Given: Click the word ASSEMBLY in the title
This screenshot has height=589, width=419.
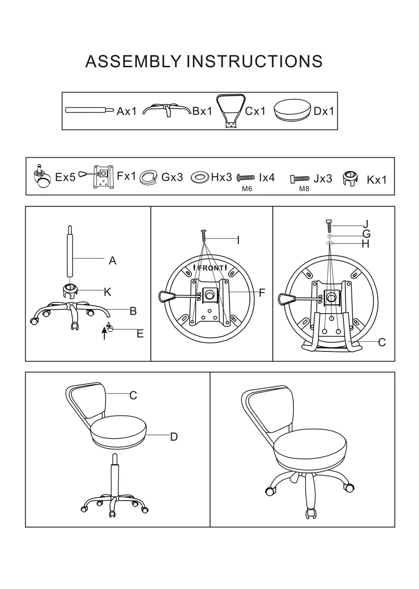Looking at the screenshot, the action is coord(133,61).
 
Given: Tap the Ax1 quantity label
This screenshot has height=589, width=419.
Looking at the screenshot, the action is coord(127,111).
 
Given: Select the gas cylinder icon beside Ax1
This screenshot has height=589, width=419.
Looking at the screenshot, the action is coord(90,109).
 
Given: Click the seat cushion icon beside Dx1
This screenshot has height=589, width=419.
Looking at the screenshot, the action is coord(292,109).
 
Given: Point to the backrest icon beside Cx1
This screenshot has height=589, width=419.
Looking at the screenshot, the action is coord(231,111).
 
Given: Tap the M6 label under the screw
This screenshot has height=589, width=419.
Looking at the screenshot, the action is coord(247,189).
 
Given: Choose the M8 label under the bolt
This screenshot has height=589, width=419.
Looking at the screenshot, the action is coord(304,189).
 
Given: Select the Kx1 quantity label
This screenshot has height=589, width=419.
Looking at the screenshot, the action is coord(377,180).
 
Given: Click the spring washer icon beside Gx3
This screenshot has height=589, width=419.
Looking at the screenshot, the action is coord(148,177).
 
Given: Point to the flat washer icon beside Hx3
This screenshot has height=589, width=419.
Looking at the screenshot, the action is coord(200,177).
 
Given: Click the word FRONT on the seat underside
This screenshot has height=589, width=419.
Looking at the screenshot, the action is coord(210,268).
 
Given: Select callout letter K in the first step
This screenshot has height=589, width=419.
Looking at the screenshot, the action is coord(107,292).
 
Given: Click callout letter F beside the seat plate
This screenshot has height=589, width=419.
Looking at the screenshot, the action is coord(262,293).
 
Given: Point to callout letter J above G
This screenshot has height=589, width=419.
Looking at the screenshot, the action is coord(366,224).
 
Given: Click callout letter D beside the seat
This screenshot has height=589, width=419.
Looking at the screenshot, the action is coord(174,437).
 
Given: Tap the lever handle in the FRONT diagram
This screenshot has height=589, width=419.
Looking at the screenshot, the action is coord(166,296).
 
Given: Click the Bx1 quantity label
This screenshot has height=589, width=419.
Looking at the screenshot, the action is coord(202,111).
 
